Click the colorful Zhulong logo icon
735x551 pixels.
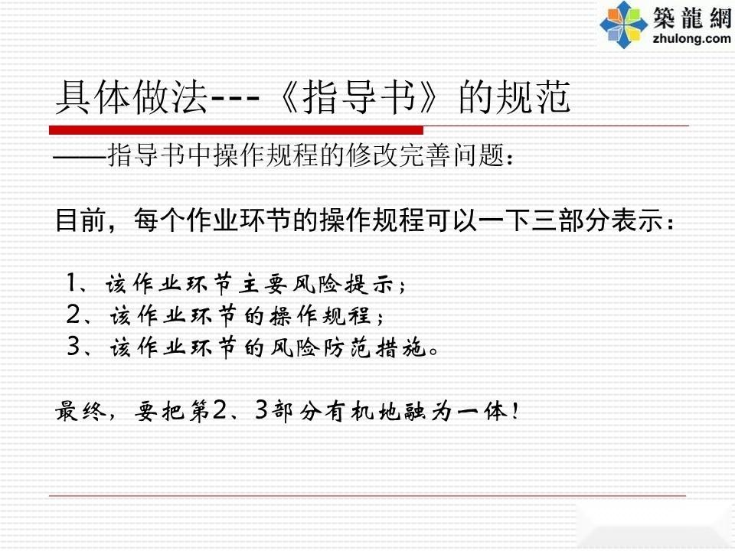click(624, 24)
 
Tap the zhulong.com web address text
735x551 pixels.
click(691, 38)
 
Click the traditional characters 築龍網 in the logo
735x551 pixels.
click(692, 17)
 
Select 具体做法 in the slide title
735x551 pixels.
click(132, 97)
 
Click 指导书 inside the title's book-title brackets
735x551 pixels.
click(359, 97)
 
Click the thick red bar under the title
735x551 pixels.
click(237, 130)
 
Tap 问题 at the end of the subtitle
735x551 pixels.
click(479, 155)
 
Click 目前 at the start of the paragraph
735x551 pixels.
click(80, 220)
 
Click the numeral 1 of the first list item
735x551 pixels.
click(72, 283)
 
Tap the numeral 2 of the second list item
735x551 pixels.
click(73, 315)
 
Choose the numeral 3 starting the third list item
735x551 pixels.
click(74, 347)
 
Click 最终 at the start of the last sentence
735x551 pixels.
click(80, 412)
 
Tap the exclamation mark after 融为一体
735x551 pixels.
click(515, 411)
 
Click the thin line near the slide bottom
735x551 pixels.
click(367, 495)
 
